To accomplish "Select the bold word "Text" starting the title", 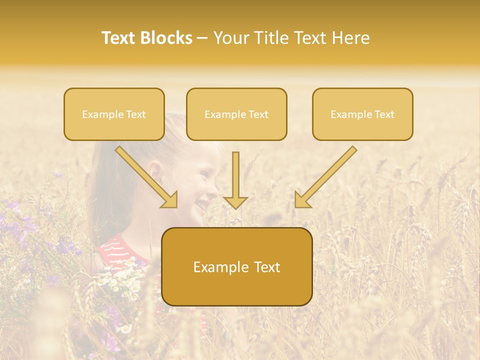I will pyautogui.click(x=120, y=38).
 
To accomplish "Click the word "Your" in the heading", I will pyautogui.click(x=231, y=38).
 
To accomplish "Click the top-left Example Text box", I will pyautogui.click(x=114, y=114).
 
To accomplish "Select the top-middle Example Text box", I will pyautogui.click(x=236, y=114).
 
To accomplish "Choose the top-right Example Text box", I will pyautogui.click(x=362, y=114).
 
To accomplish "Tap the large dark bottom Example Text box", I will pyautogui.click(x=236, y=267).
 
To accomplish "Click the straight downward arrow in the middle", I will pyautogui.click(x=235, y=177).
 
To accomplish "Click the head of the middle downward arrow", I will pyautogui.click(x=235, y=201).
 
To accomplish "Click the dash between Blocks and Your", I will pyautogui.click(x=202, y=38).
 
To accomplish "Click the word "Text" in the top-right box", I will pyautogui.click(x=384, y=114).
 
